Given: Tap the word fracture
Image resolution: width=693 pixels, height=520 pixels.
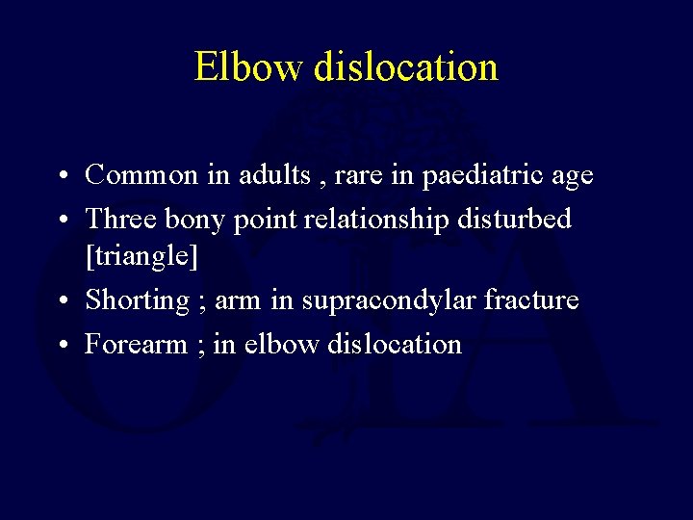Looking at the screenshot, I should pos(531,300).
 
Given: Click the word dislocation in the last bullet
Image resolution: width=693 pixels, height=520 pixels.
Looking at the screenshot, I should pos(395,344).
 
